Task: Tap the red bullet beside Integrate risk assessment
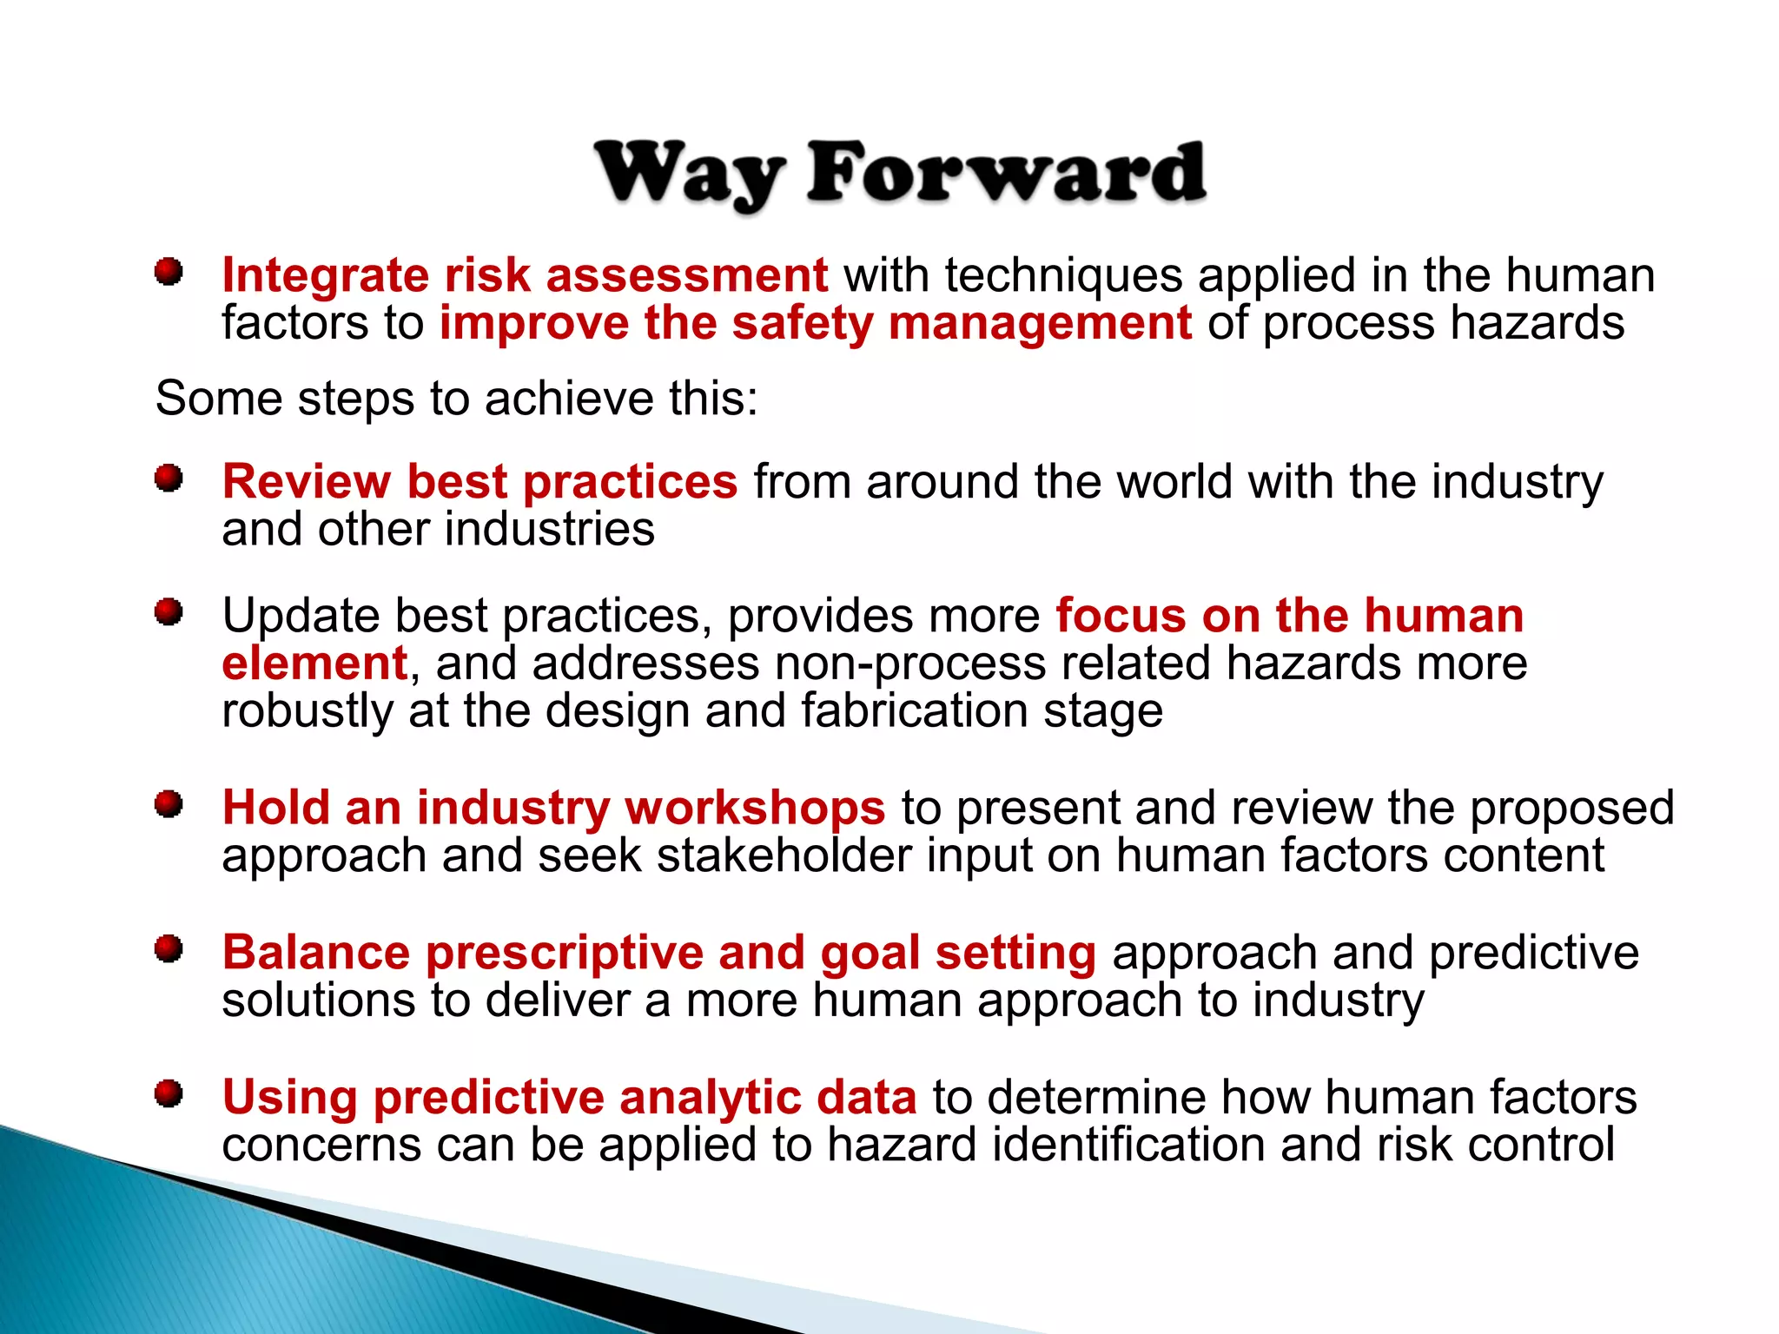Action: (x=169, y=273)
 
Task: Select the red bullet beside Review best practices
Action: (x=169, y=479)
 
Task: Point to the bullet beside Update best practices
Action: (x=169, y=613)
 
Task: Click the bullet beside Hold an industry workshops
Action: (x=169, y=805)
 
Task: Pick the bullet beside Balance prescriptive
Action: (x=169, y=949)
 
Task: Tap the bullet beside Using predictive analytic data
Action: (x=169, y=1094)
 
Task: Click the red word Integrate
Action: (x=325, y=276)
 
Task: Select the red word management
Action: (x=1040, y=324)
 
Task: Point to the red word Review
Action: (x=307, y=482)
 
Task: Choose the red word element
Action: (x=314, y=664)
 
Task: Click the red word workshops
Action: (x=754, y=809)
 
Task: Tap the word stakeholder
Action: (x=784, y=855)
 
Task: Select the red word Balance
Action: (x=316, y=953)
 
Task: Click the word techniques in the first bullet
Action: (x=1063, y=276)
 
